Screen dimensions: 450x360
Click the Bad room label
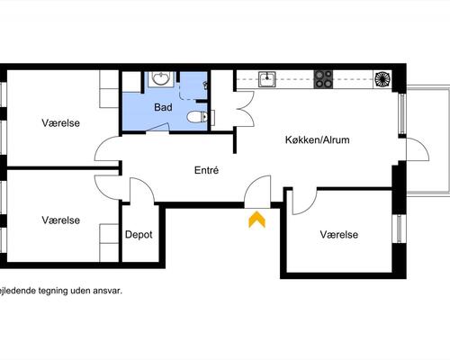(163, 107)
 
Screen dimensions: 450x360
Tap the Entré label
(206, 170)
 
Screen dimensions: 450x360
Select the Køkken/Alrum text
(317, 139)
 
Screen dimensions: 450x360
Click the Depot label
(139, 235)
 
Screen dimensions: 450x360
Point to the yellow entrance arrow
(257, 220)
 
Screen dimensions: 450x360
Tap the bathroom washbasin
(161, 78)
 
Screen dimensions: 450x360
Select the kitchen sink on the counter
(267, 79)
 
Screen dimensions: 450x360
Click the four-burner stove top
(323, 79)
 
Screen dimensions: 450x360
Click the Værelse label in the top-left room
(61, 123)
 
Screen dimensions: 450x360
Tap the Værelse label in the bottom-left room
(61, 220)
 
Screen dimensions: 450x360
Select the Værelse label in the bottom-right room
(339, 235)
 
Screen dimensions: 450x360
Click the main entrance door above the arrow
(257, 192)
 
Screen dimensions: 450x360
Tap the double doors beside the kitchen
(246, 109)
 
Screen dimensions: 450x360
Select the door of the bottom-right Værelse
(304, 202)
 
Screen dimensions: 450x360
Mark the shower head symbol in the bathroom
(205, 85)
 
